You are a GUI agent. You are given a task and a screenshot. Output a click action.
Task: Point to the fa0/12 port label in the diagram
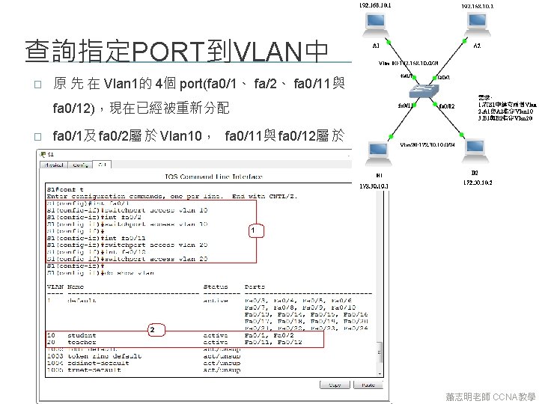click(447, 105)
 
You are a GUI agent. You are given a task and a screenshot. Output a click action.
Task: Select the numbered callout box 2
click(152, 329)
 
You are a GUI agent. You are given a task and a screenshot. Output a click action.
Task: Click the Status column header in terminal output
click(216, 287)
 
